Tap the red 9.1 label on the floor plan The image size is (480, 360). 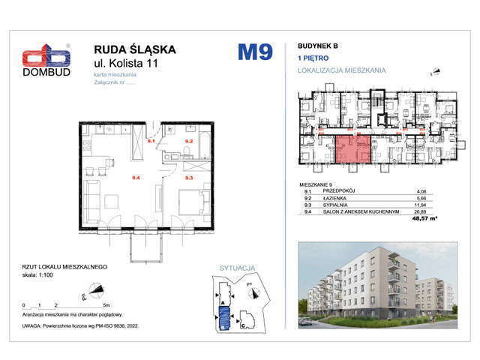(x=151, y=140)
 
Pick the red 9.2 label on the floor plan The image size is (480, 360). (x=190, y=140)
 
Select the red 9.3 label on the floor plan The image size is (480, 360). (x=190, y=178)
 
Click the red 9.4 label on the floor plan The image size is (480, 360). (x=136, y=178)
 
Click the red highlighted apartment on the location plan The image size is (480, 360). (x=352, y=148)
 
